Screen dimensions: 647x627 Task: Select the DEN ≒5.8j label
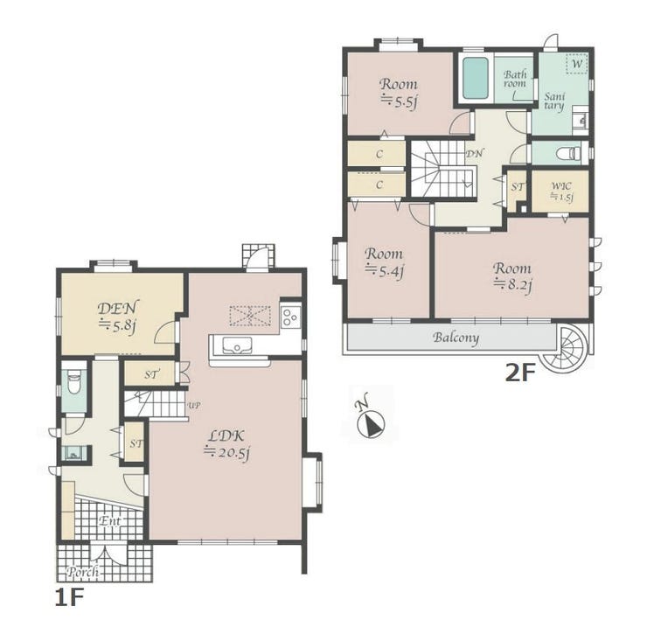pyautogui.click(x=118, y=316)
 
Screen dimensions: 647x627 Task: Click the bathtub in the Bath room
pyautogui.click(x=476, y=79)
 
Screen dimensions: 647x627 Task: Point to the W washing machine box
pyautogui.click(x=578, y=64)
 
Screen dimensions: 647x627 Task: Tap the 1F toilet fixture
pyautogui.click(x=74, y=383)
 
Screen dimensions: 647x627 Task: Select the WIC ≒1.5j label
pyautogui.click(x=561, y=192)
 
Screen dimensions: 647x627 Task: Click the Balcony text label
pyautogui.click(x=456, y=338)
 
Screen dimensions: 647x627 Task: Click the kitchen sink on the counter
pyautogui.click(x=237, y=345)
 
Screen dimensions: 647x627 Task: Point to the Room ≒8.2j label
pyautogui.click(x=512, y=276)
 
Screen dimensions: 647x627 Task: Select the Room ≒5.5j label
pyautogui.click(x=398, y=92)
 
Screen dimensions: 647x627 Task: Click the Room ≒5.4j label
pyautogui.click(x=384, y=261)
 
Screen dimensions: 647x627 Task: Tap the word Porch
pyautogui.click(x=83, y=572)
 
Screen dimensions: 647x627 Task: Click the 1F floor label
pyautogui.click(x=69, y=598)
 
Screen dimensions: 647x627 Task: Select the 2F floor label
pyautogui.click(x=520, y=373)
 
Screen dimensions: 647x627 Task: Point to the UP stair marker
pyautogui.click(x=194, y=406)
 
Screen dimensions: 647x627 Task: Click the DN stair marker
pyautogui.click(x=475, y=154)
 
